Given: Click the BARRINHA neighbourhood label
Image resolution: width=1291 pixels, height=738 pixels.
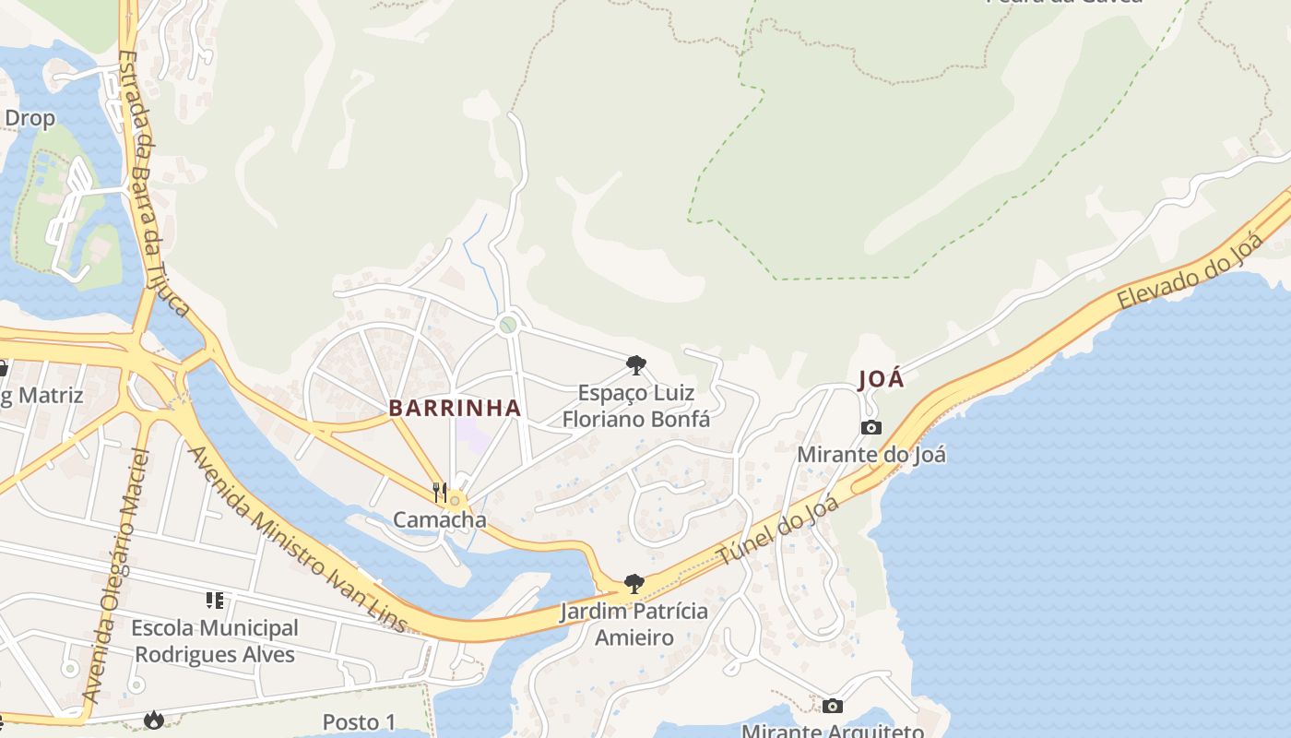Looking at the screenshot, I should click(455, 408).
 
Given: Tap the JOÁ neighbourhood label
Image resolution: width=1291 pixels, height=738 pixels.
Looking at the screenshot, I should click(881, 379).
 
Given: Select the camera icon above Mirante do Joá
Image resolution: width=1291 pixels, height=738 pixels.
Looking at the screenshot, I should click(871, 427).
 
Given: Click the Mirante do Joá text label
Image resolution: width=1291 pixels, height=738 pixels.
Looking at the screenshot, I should click(871, 455).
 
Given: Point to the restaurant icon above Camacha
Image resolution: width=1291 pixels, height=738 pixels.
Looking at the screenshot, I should click(440, 492).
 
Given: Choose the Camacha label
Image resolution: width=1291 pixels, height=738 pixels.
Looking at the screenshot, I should click(440, 519).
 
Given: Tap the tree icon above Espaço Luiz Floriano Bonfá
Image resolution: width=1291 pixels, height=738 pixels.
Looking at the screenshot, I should click(635, 365).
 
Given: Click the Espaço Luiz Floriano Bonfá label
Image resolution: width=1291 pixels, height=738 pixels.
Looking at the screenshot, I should click(636, 406).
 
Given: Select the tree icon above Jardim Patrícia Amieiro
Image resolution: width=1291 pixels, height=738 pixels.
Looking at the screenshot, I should click(634, 583).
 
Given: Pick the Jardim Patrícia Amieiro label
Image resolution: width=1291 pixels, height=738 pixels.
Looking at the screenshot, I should click(634, 625).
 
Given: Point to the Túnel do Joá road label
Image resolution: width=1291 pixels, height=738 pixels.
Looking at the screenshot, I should click(779, 531).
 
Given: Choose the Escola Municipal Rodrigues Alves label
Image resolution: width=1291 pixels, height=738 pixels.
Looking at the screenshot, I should click(215, 641).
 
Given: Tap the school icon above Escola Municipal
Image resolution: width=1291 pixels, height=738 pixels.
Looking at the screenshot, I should click(215, 601).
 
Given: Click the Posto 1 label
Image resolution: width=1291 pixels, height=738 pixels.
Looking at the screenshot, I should click(359, 721).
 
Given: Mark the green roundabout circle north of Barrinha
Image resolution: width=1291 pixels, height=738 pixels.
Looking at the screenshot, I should click(507, 325).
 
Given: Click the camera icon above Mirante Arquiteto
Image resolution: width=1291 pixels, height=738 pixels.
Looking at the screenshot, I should click(833, 706).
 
